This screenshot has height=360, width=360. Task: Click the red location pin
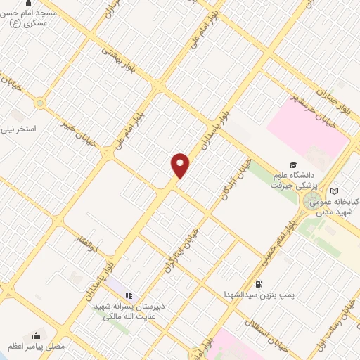[x=181, y=165]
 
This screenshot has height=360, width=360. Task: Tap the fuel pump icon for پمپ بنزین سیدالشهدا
[x=259, y=284]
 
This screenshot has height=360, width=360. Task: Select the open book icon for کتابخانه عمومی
[x=335, y=191]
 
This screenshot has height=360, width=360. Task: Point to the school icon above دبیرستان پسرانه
[x=129, y=295]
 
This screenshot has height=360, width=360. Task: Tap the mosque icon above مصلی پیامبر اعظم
[x=37, y=333]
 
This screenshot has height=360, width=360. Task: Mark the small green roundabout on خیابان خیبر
[x=39, y=104]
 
